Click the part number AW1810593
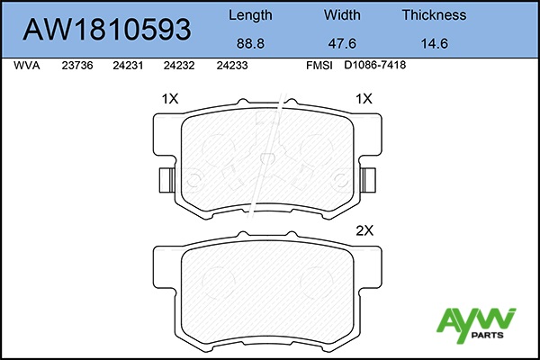(x=107, y=30)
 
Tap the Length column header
(x=250, y=15)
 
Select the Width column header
(x=342, y=14)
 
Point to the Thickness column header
(x=435, y=14)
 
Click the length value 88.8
(x=250, y=43)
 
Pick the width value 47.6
(x=342, y=43)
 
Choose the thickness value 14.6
(x=435, y=43)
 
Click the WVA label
(x=27, y=66)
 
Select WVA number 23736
(x=77, y=66)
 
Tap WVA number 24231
(x=128, y=66)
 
